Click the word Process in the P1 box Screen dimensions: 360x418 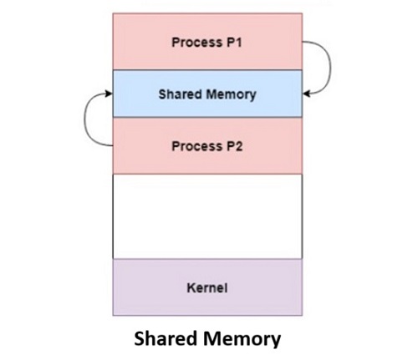tap(195, 43)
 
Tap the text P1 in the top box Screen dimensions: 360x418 tap(232, 43)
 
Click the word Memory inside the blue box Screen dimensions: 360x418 tap(231, 94)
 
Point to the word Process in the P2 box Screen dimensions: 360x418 tap(195, 146)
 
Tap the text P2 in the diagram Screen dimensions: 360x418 tap(232, 146)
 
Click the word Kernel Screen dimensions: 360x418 tap(206, 288)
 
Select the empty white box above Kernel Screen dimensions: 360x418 tap(206, 216)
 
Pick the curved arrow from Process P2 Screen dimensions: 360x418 tap(89, 121)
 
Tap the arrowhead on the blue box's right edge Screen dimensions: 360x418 tap(307, 94)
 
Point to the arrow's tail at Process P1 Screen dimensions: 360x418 tap(304, 42)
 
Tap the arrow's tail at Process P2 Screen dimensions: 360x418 tap(110, 146)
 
